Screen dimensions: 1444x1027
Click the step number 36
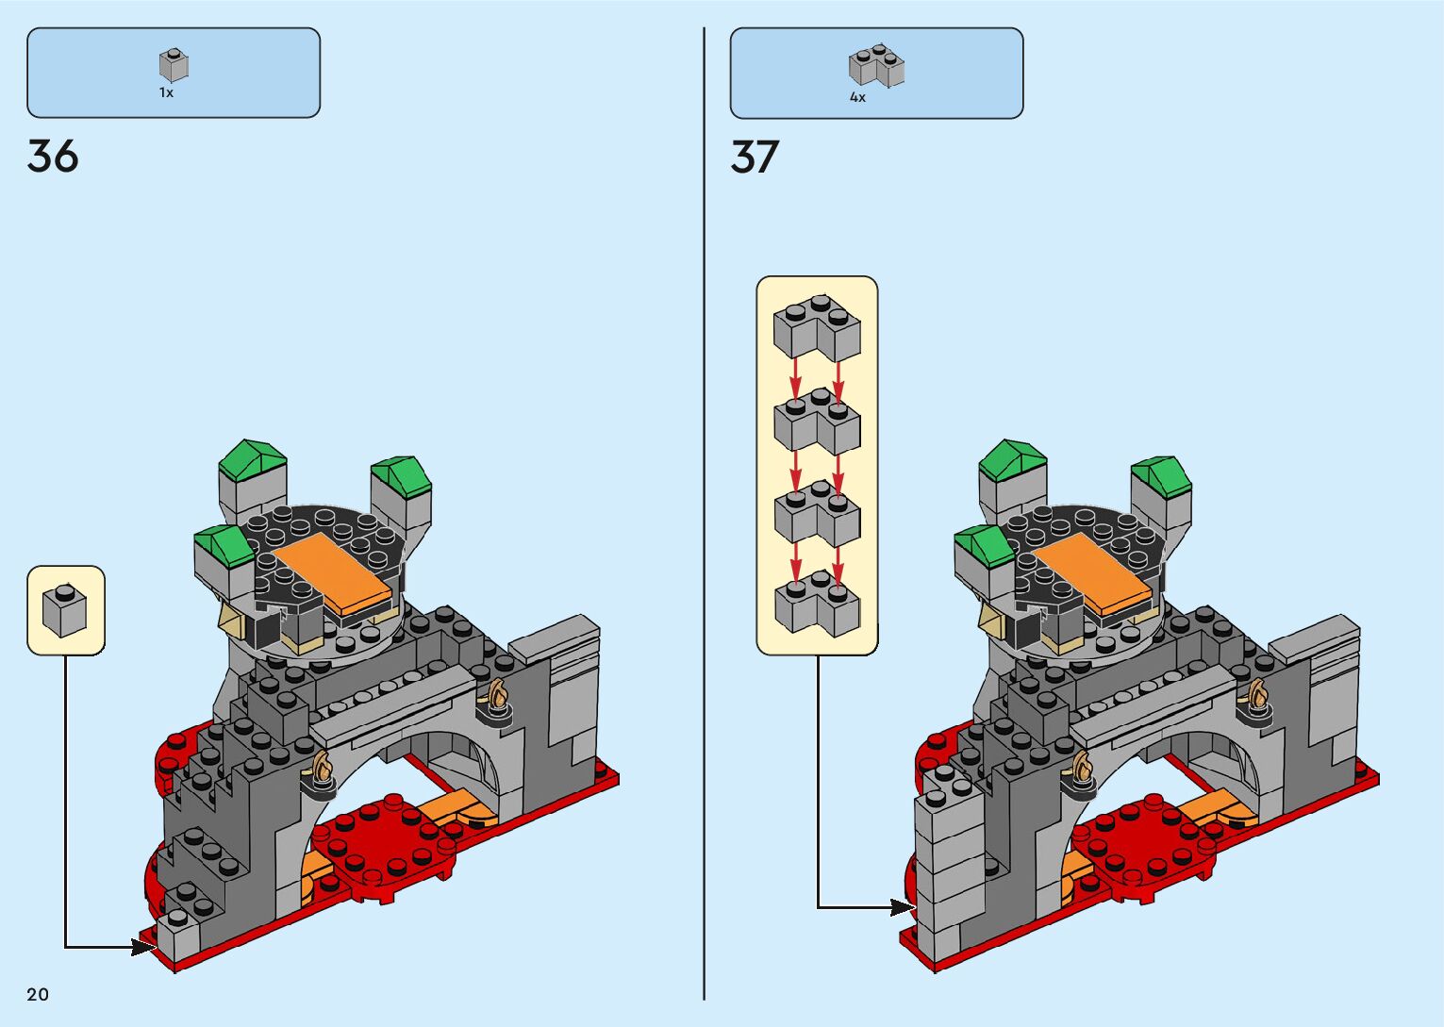pos(53,157)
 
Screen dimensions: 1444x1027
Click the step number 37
pos(755,157)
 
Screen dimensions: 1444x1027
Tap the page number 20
pos(38,994)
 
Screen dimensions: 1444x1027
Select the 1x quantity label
pos(166,93)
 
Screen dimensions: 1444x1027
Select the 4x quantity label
pos(857,97)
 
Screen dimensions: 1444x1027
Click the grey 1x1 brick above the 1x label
pos(174,65)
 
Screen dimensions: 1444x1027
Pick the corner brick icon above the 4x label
pos(876,66)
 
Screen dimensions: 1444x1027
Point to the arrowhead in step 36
pos(143,946)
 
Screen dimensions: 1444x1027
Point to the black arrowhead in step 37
pos(902,907)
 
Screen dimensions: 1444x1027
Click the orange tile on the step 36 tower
pos(332,571)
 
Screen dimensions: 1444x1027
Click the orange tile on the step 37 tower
pos(1092,571)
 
